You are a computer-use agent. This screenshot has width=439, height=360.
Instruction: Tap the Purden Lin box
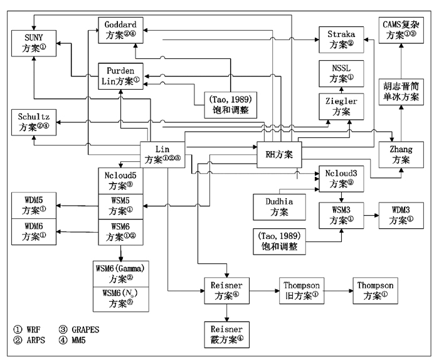[x=121, y=75]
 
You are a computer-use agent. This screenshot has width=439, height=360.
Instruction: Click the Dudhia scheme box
[x=276, y=208]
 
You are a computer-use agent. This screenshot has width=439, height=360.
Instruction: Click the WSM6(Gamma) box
[x=122, y=273]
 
